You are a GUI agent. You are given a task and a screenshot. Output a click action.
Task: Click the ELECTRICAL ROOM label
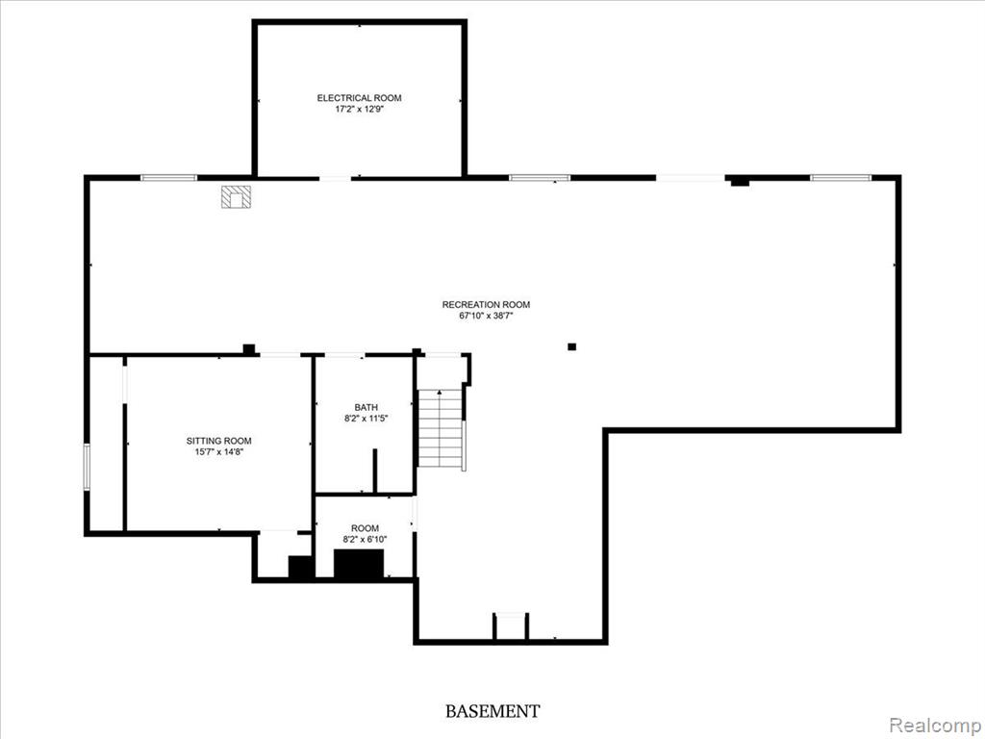point(359,98)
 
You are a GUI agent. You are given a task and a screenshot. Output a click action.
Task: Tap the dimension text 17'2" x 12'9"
point(359,109)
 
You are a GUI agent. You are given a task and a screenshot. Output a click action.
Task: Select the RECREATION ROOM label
point(486,305)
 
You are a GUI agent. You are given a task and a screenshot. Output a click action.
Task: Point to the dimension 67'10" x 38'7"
point(486,316)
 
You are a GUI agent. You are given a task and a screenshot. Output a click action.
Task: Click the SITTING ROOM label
point(218,441)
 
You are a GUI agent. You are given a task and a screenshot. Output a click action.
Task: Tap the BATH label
point(366,407)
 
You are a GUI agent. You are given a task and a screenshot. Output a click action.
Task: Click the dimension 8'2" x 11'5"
point(366,418)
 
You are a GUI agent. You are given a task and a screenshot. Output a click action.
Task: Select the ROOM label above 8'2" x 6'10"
point(365,528)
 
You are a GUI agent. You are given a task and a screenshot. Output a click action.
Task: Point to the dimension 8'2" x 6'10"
point(365,539)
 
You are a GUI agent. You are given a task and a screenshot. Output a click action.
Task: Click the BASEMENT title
point(492,711)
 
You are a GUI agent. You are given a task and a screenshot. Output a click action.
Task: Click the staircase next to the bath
point(441,428)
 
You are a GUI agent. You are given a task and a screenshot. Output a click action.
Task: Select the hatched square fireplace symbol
point(237,196)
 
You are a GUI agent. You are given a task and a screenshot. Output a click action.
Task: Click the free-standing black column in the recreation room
point(571,346)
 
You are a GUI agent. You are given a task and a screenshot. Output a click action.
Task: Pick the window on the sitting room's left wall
point(87,467)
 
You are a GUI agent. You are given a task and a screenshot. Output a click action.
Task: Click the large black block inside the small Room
point(358,564)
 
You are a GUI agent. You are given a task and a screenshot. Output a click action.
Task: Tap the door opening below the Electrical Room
point(335,179)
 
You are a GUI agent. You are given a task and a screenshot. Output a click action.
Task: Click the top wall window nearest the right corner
point(841,178)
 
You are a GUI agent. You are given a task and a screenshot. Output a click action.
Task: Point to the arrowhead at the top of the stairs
point(440,393)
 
